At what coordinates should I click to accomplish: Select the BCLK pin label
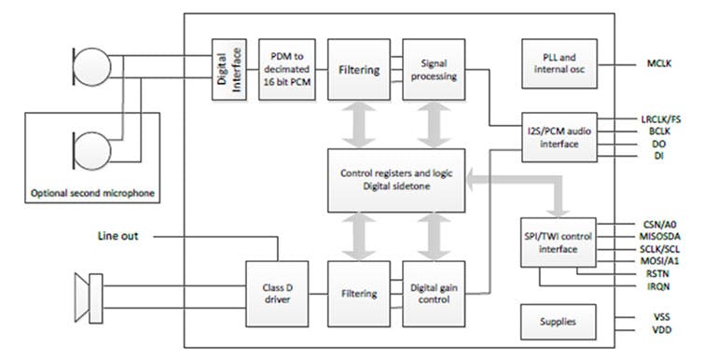tap(660, 132)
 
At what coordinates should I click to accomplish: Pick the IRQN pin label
tap(660, 287)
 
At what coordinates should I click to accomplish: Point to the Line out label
tap(118, 236)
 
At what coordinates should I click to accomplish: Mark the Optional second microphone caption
tap(95, 194)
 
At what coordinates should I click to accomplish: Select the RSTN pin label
tap(660, 275)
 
